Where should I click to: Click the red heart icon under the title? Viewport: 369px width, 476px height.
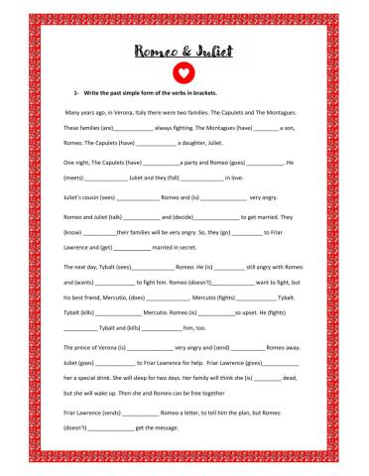(184, 72)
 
